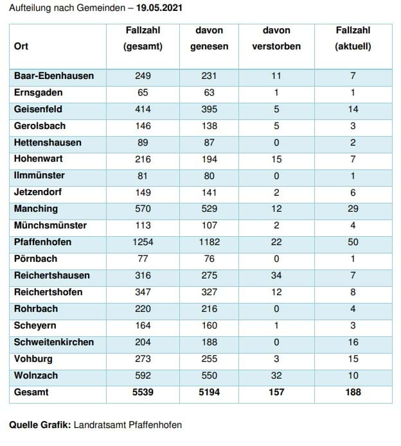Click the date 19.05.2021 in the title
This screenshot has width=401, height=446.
click(159, 8)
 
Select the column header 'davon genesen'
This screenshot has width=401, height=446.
click(209, 38)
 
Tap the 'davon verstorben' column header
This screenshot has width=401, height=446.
click(276, 38)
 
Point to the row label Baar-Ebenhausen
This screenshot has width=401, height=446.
click(54, 76)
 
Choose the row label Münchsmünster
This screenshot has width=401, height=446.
click(50, 225)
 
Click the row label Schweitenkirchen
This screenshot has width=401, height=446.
click(54, 342)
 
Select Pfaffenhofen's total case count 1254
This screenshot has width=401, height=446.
click(143, 242)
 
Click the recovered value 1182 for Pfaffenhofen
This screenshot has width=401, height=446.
click(209, 242)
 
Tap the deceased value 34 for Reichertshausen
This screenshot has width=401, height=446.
click(276, 275)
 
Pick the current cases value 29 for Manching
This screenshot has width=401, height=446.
click(353, 209)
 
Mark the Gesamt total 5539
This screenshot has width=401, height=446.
click(143, 392)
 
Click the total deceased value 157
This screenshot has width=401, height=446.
click(276, 392)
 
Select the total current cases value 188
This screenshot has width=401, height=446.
click(353, 392)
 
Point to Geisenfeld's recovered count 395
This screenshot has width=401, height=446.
click(209, 109)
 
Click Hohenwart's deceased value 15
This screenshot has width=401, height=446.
click(276, 159)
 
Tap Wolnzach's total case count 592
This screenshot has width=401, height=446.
click(143, 375)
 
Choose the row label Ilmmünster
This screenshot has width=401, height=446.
click(39, 175)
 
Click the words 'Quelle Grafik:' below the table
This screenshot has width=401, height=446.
click(40, 425)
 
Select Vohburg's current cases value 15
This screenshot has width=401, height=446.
click(353, 359)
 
